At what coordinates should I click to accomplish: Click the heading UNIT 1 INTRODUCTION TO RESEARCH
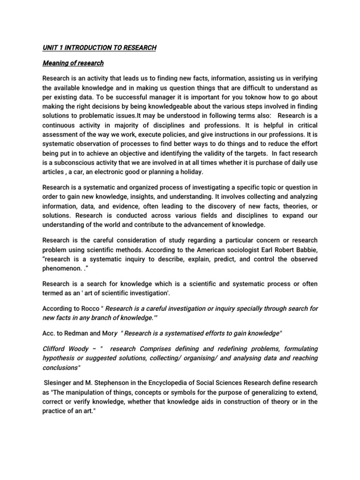pos(99,48)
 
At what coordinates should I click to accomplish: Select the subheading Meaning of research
pos(73,63)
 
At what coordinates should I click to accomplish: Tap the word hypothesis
pos(60,359)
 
